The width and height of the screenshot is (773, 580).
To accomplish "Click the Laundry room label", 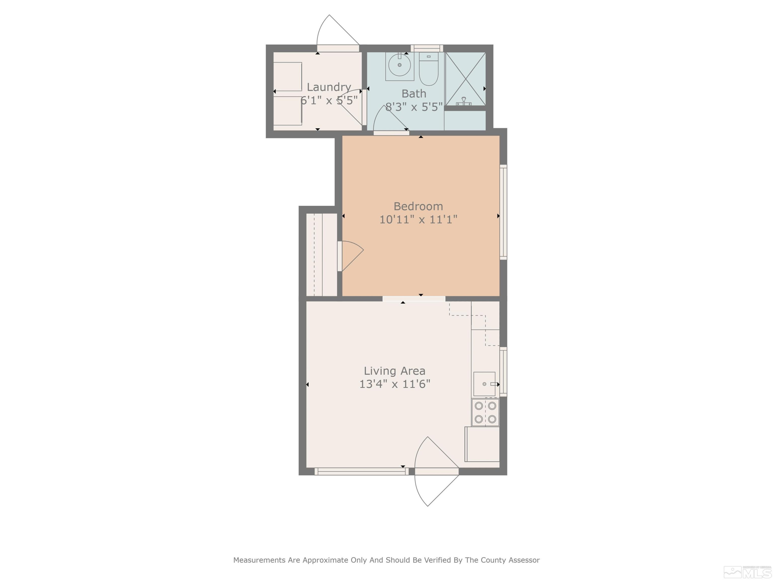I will coord(329,87).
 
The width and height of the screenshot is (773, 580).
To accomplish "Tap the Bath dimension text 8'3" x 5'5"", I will coord(414,107).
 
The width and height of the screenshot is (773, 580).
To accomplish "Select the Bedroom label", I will coord(418,206).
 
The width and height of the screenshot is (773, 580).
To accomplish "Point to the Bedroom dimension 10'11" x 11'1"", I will coord(418,220).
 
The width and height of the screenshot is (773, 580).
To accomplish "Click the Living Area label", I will coord(394,371).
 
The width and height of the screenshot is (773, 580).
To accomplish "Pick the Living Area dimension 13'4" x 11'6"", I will coord(394,384).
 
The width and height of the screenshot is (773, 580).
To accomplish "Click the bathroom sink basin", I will coord(399,65).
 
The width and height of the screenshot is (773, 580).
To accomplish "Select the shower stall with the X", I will coord(465,79).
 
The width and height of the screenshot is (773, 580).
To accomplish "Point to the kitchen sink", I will coord(484,384).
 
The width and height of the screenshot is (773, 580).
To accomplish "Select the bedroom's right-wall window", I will coord(503,212).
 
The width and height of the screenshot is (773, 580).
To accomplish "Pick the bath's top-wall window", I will coord(427,48).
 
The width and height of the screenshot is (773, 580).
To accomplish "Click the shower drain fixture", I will coord(464,101).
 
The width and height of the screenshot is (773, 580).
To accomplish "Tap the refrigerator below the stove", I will coord(482,444).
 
